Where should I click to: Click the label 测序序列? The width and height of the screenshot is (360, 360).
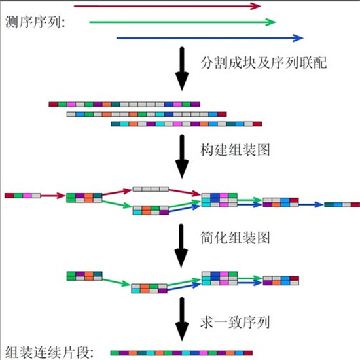pos(35,22)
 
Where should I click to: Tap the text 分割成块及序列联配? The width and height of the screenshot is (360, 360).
pos(264,62)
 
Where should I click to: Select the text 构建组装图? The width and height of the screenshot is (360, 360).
pos(235,150)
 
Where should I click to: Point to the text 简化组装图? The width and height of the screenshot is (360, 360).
pos(235,238)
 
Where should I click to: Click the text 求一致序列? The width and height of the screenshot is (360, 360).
pos(235,323)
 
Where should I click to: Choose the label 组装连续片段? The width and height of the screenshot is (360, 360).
pos(49,352)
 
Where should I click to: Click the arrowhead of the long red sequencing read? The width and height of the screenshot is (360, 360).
pos(255,6)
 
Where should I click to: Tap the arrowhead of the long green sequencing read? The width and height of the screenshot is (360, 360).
pos(270,22)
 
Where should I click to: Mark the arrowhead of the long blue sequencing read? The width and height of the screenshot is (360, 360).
pos(298,38)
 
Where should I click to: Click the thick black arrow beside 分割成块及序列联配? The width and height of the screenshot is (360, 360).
pos(182,69)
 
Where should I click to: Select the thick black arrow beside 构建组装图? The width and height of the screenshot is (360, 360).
pos(182,156)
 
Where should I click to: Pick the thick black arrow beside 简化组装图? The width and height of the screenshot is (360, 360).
pos(181,245)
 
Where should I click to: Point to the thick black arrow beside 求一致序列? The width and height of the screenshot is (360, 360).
pos(182,319)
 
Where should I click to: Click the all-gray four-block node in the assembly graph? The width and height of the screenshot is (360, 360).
pos(151,189)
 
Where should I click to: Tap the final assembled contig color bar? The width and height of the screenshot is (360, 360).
pos(181,353)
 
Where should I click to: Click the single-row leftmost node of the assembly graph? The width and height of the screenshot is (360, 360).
pos(22,196)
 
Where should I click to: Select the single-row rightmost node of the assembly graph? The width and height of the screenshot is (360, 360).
pos(342,204)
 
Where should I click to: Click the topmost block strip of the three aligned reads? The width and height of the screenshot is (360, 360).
pos(124,105)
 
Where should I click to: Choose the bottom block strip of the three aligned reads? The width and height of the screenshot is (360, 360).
pos(187,124)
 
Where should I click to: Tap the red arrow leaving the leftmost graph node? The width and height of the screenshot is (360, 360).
pos(53,196)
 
